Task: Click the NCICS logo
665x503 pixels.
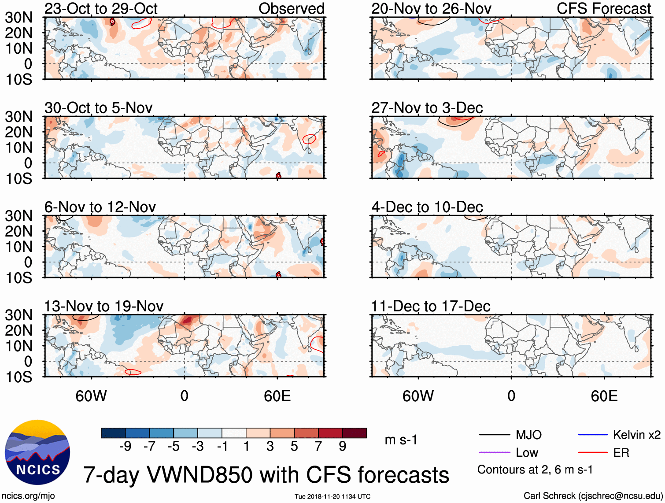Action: [x=37, y=452]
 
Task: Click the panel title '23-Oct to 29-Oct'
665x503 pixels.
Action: [x=101, y=8]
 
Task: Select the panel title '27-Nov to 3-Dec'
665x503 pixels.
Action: [x=427, y=107]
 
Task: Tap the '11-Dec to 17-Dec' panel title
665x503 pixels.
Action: [x=430, y=306]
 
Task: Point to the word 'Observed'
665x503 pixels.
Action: [x=291, y=8]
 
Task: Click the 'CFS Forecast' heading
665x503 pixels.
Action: [x=603, y=8]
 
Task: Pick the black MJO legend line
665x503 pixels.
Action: [x=494, y=435]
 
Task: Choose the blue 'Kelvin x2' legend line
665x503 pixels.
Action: [x=593, y=435]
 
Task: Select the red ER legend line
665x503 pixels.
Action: [x=593, y=452]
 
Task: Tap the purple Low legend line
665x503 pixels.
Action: [x=494, y=452]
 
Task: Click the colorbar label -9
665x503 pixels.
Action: [x=126, y=447]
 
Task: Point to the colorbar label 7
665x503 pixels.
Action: [x=318, y=447]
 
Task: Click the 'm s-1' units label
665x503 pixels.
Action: [x=401, y=440]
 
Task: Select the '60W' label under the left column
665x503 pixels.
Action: [x=91, y=396]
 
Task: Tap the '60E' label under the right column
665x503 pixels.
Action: [x=604, y=396]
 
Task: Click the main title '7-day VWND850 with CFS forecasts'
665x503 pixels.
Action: [x=266, y=475]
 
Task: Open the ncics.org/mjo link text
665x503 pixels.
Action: [x=28, y=496]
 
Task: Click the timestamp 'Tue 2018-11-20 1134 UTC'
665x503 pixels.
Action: [x=332, y=496]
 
